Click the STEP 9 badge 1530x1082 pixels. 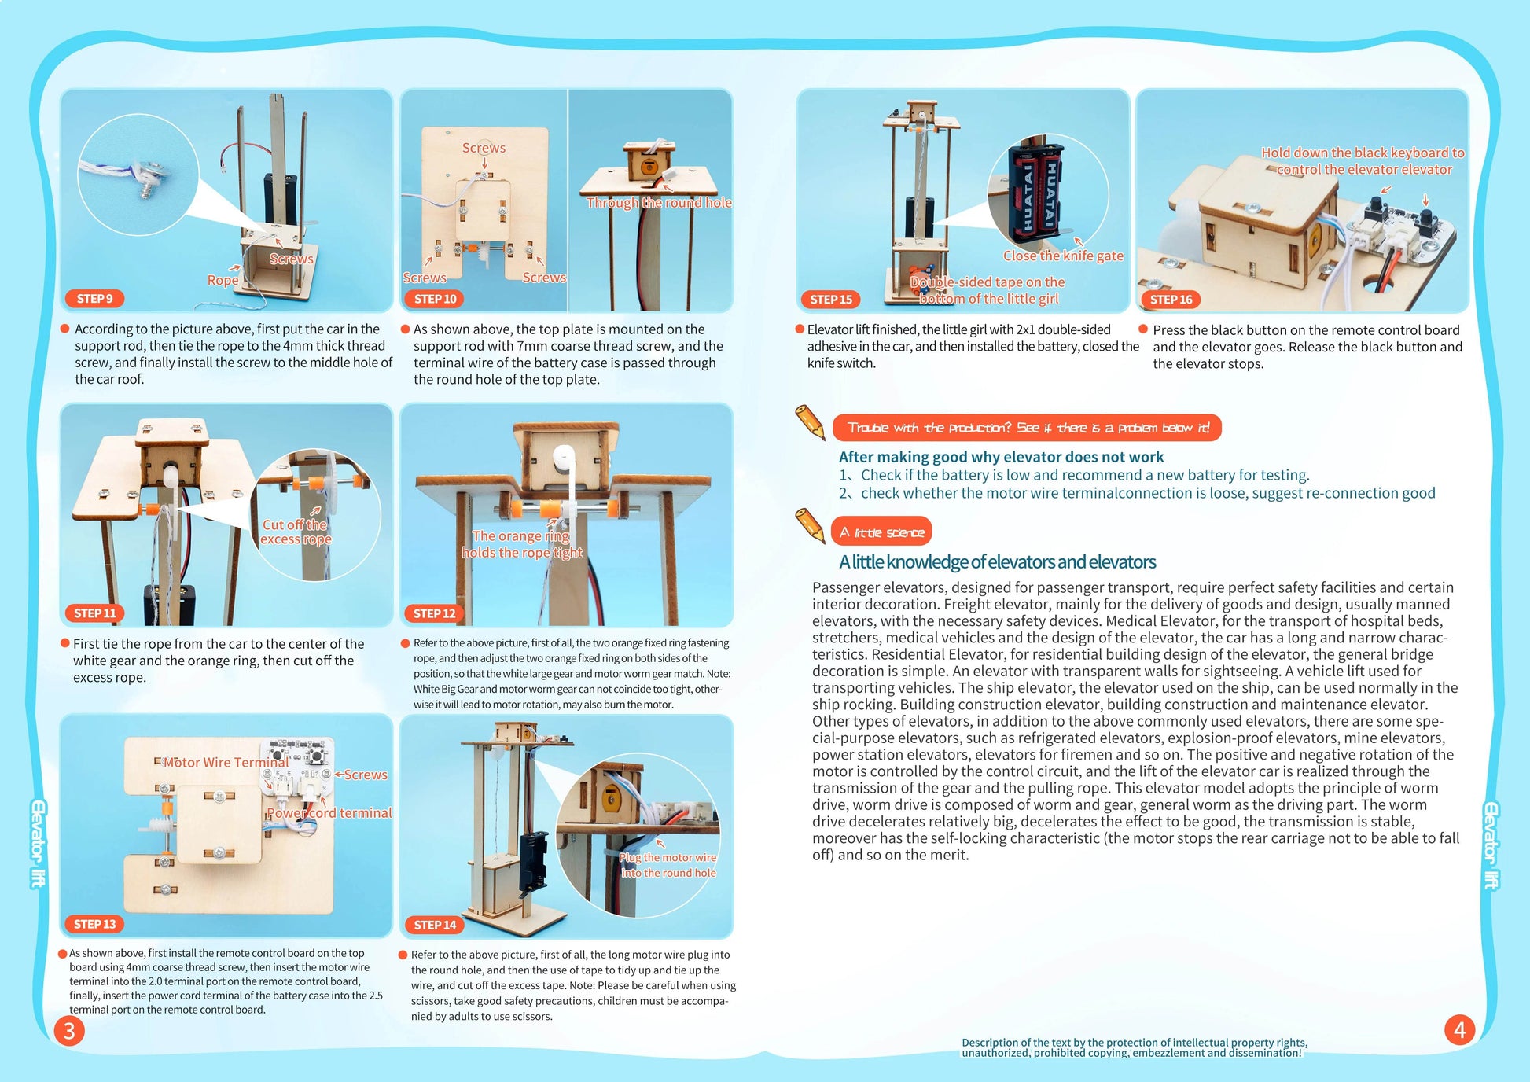[x=94, y=299]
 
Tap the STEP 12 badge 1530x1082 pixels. [x=435, y=613]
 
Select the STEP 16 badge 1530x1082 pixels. [x=1171, y=300]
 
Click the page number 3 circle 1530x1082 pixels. [x=69, y=1030]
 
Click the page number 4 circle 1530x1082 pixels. [x=1459, y=1029]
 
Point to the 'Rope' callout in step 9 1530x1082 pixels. [x=223, y=280]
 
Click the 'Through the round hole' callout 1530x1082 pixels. [x=659, y=203]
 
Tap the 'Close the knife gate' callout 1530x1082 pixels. [x=1063, y=256]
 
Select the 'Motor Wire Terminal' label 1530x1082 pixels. [x=226, y=763]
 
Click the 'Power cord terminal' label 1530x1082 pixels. [x=329, y=813]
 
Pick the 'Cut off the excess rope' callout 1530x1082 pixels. [x=296, y=532]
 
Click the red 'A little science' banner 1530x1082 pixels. [x=881, y=532]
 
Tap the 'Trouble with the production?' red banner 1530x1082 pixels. [x=1027, y=428]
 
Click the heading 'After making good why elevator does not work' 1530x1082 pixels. [x=1001, y=457]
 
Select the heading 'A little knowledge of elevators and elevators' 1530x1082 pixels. [x=997, y=562]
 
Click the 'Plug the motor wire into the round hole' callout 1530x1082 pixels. [x=668, y=865]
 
